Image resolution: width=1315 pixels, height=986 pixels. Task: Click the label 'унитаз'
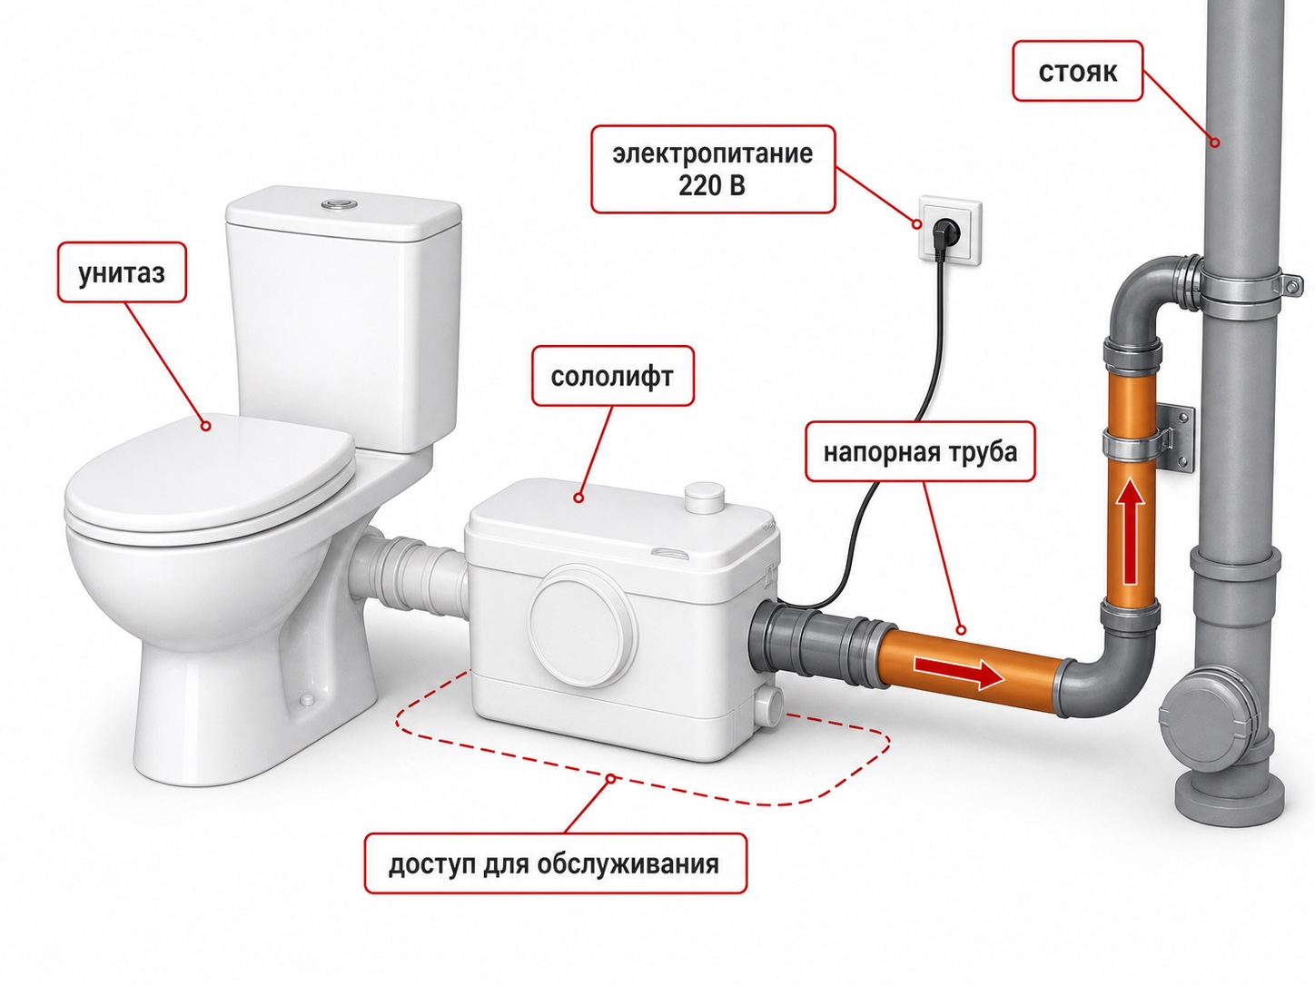pos(122,272)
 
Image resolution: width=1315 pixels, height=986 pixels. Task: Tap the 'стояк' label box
pos(1078,71)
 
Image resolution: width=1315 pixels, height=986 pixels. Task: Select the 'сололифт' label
pos(612,376)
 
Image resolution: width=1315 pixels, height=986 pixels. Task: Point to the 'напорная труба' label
pos(920,451)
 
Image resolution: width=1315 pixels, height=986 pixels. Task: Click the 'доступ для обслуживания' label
pos(556,863)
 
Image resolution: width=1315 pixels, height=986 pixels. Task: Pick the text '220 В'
pos(712,185)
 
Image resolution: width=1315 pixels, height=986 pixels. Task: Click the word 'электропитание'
pos(712,153)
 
